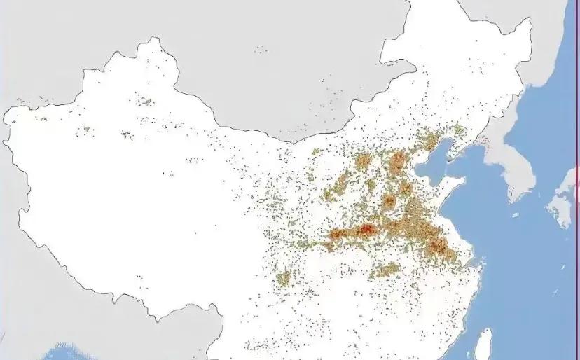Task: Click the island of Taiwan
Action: click(x=483, y=345)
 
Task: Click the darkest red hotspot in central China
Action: click(x=367, y=229)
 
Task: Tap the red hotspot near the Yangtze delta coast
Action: click(x=439, y=245)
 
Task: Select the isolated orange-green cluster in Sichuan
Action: click(x=283, y=279)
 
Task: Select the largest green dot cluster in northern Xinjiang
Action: click(x=145, y=102)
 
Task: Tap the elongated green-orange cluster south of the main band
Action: click(x=386, y=269)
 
